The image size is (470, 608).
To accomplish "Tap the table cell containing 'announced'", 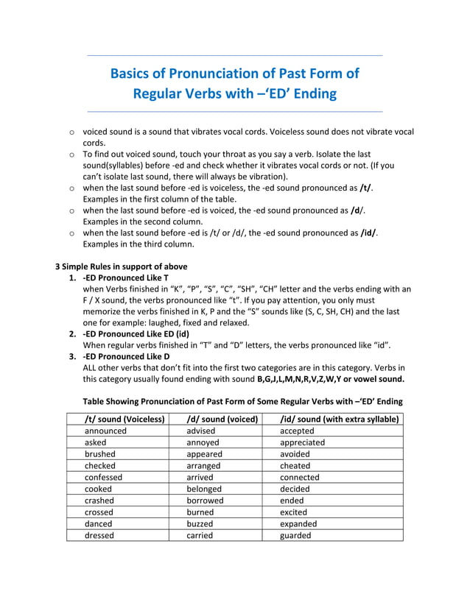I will pyautogui.click(x=105, y=431).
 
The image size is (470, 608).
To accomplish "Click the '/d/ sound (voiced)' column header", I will pyautogui.click(x=222, y=419).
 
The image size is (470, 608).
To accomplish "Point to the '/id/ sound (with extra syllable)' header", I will pyautogui.click(x=340, y=419).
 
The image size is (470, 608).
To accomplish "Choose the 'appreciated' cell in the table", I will pyautogui.click(x=302, y=442).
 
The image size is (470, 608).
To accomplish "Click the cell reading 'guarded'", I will pyautogui.click(x=295, y=535).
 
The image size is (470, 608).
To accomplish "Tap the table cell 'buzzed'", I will pyautogui.click(x=200, y=523).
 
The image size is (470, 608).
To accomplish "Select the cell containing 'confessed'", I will pyautogui.click(x=104, y=477).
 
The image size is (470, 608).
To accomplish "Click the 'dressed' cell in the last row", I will pyautogui.click(x=99, y=535).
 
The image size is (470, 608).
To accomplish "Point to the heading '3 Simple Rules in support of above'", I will pyautogui.click(x=122, y=266).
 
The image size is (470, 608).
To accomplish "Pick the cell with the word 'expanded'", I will pyautogui.click(x=298, y=523).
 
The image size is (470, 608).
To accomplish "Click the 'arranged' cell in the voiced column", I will pyautogui.click(x=203, y=466).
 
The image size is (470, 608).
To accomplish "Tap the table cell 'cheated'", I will pyautogui.click(x=295, y=466).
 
